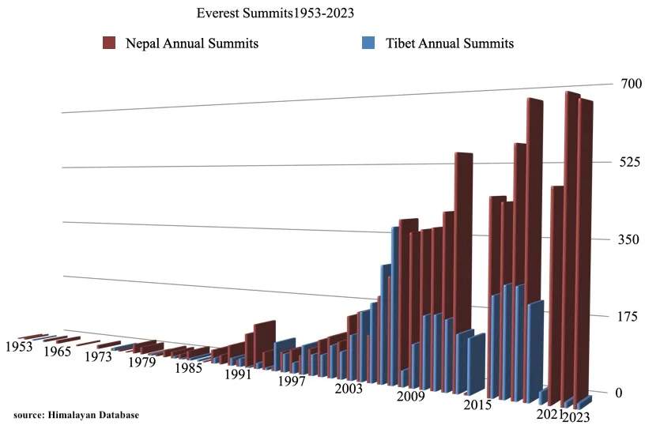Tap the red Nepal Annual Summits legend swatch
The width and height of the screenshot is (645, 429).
(110, 43)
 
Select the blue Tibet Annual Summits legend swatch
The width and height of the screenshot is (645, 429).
(368, 43)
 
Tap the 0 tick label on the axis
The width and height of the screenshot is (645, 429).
(618, 393)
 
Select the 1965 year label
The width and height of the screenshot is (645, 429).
(57, 352)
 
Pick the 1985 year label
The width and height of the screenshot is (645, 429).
(190, 367)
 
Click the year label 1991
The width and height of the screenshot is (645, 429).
(237, 374)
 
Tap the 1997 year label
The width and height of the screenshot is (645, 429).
(291, 382)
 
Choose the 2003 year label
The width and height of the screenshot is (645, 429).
(349, 389)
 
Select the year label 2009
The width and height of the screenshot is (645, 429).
(411, 396)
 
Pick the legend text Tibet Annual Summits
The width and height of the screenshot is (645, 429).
(450, 43)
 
